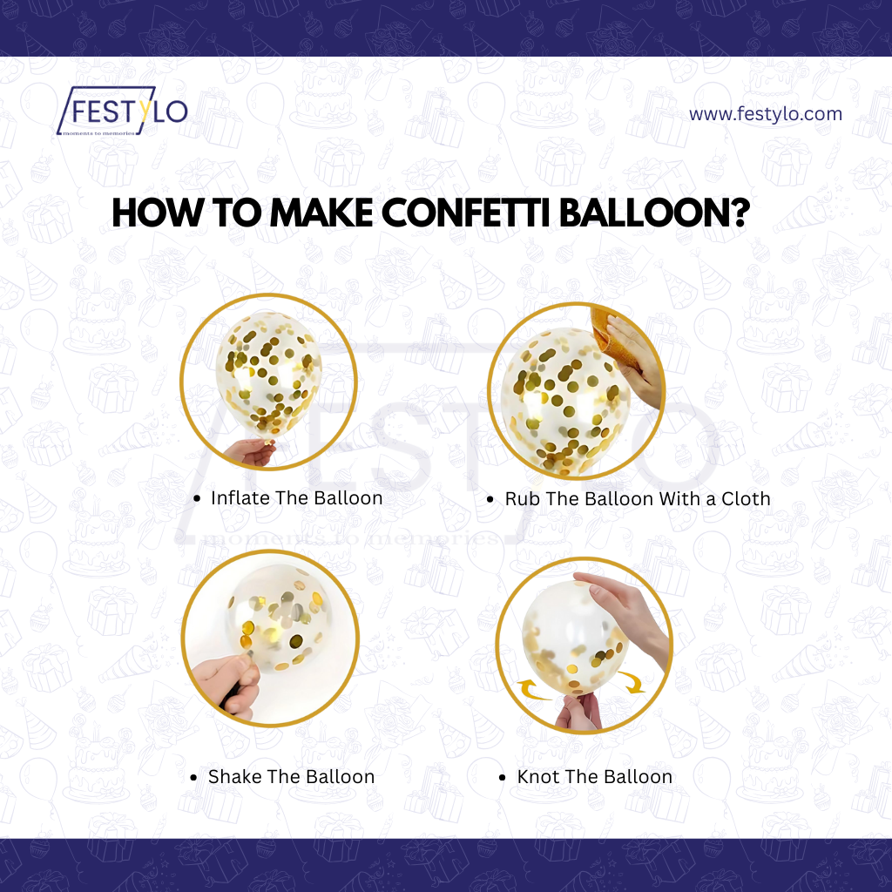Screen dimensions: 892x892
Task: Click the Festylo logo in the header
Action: pos(122,111)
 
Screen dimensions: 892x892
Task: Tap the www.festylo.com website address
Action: pos(765,114)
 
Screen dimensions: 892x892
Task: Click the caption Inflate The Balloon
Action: pos(296,498)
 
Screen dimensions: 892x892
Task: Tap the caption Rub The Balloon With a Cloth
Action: pos(638,499)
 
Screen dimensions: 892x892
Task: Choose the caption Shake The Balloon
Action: pos(291,776)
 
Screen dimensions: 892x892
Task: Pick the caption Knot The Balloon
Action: pos(594,776)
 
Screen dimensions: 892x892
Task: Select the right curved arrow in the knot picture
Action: pos(632,681)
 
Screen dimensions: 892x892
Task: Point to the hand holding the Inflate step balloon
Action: pos(250,453)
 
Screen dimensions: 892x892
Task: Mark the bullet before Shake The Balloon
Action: pos(194,778)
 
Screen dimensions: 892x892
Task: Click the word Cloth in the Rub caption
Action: pos(746,499)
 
